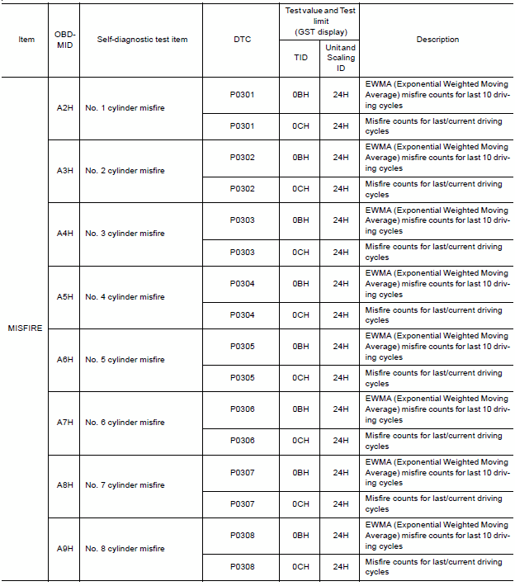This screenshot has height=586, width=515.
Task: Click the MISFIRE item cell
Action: (x=25, y=328)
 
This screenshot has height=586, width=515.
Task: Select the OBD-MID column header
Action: (x=64, y=39)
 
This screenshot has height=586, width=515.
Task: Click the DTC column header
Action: (x=242, y=39)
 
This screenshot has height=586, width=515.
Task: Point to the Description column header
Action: (x=437, y=39)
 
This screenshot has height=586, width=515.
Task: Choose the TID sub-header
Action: (x=300, y=58)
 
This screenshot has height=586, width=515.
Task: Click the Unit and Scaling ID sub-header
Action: (x=341, y=58)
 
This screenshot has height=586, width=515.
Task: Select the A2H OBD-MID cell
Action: (x=64, y=108)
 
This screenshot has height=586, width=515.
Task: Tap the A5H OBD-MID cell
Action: (x=64, y=297)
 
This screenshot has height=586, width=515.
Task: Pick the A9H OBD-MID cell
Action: (x=64, y=549)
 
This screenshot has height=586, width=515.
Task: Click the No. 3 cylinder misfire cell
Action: (x=125, y=234)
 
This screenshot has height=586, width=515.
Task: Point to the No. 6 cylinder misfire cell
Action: (x=125, y=423)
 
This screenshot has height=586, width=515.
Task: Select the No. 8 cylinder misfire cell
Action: (x=125, y=549)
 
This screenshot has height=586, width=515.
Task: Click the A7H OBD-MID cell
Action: (x=64, y=423)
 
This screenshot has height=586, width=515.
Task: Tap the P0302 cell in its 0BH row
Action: (x=242, y=158)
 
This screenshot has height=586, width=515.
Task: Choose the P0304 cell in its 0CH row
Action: (x=242, y=314)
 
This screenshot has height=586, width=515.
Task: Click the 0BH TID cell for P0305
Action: (x=300, y=347)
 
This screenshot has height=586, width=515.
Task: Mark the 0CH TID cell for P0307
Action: (x=300, y=503)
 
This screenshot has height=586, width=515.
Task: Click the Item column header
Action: (x=26, y=39)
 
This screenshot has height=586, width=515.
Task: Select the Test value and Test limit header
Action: (x=320, y=21)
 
